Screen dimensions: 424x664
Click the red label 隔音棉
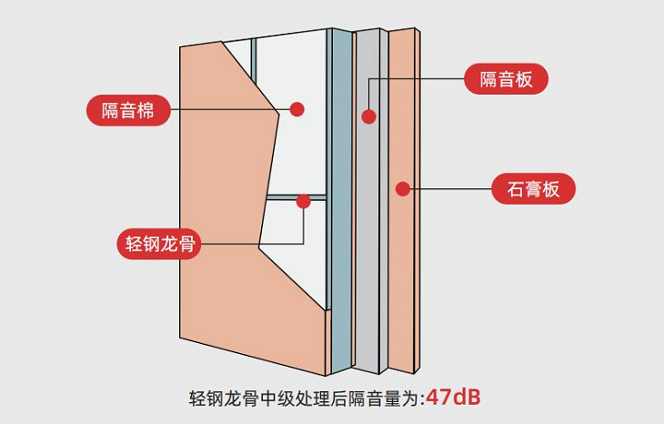pos(127,110)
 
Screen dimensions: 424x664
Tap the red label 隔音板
pos(507,78)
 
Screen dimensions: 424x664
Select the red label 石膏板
pos(533,189)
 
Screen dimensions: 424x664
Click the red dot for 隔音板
pos(368,116)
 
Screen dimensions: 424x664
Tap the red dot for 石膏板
pos(402,189)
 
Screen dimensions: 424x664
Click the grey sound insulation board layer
pos(368,227)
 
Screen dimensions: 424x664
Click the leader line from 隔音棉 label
pos(227,110)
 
